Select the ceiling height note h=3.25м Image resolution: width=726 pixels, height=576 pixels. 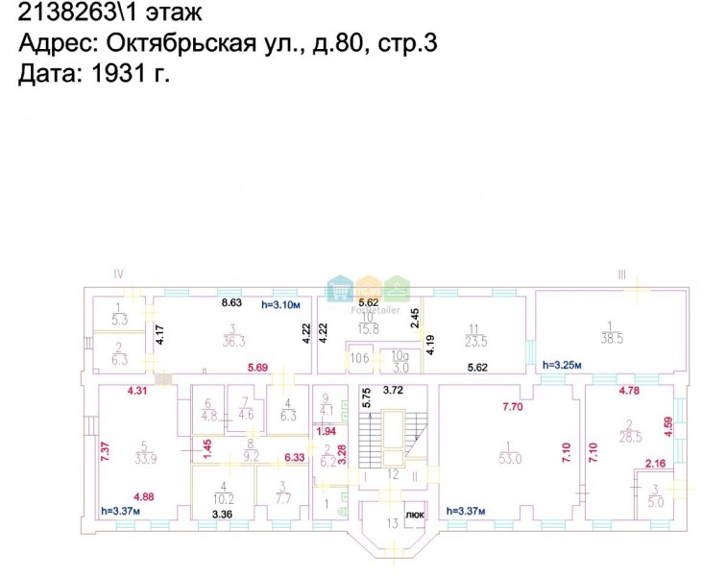(563, 366)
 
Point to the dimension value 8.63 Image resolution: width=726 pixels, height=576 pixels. (231, 303)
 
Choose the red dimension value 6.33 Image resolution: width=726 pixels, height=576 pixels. (295, 458)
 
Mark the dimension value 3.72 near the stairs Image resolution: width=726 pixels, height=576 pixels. (392, 390)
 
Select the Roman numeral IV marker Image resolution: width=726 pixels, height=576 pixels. (119, 274)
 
